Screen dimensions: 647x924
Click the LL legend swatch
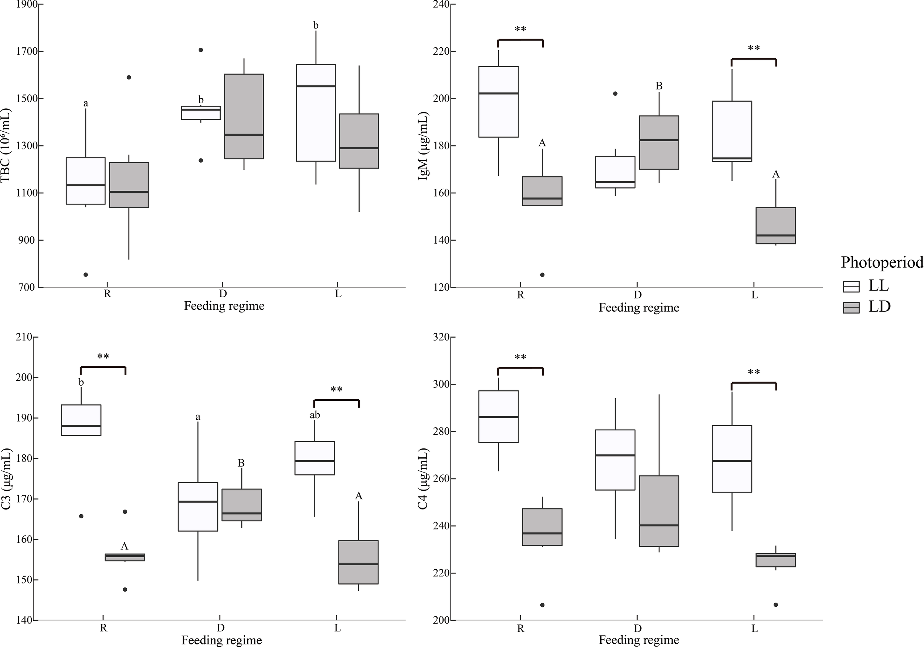click(851, 286)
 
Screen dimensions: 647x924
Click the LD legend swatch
click(851, 308)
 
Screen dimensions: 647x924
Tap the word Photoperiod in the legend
click(882, 262)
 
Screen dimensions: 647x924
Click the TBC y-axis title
click(6, 145)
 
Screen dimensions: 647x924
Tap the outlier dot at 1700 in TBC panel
click(201, 50)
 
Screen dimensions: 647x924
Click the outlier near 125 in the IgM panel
click(542, 275)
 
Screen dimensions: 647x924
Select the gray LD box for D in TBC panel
click(244, 116)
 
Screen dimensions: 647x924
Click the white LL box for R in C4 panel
click(498, 416)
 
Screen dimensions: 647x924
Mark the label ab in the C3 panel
click(315, 415)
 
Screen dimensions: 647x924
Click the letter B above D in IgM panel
click(659, 86)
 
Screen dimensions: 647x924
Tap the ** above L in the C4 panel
click(754, 372)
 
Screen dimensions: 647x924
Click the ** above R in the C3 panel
click(103, 357)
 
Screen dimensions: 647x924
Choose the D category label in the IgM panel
click(638, 295)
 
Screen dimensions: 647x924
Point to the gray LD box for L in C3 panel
click(358, 562)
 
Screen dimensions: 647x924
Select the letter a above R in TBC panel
click(85, 104)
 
